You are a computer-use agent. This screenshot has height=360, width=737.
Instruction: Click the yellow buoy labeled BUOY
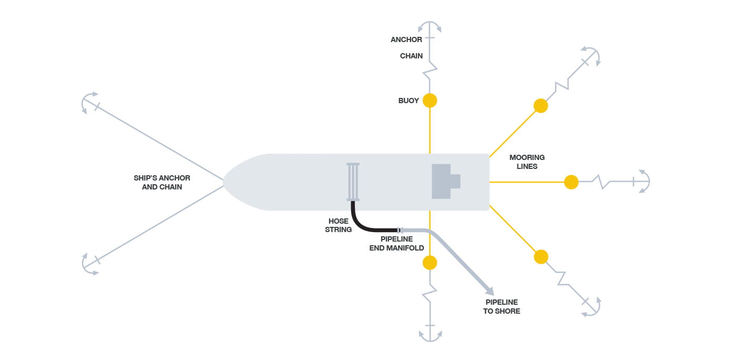(x=430, y=101)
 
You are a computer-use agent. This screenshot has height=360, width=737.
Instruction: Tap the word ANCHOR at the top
(x=406, y=39)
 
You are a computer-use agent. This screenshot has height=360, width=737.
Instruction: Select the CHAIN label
(x=411, y=56)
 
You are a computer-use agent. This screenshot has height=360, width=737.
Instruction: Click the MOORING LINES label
(x=527, y=162)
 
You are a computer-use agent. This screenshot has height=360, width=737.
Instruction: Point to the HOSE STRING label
(x=338, y=225)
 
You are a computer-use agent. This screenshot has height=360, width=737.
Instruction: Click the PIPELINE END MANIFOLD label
(x=396, y=243)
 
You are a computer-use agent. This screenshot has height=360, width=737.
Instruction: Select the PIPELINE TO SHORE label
(x=502, y=306)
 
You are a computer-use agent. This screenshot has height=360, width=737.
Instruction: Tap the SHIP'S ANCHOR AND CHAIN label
(x=162, y=182)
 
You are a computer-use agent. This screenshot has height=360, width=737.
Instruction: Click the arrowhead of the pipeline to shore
(x=489, y=291)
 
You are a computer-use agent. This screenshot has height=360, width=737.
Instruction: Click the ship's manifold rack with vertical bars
(x=353, y=182)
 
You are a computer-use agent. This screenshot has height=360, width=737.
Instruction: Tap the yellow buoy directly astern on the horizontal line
(x=571, y=182)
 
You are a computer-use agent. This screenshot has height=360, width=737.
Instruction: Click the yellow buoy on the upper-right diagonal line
(x=541, y=106)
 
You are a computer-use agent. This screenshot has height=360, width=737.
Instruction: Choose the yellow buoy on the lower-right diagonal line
(x=541, y=257)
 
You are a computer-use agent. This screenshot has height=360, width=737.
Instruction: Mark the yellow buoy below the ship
(x=430, y=263)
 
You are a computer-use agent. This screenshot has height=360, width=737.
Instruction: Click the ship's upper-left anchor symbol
(x=90, y=103)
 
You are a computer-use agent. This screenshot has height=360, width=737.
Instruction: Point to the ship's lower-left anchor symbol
(x=91, y=263)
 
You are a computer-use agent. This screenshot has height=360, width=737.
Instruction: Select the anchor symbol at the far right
(x=642, y=182)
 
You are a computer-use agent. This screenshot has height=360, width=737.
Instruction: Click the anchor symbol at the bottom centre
(x=430, y=333)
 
